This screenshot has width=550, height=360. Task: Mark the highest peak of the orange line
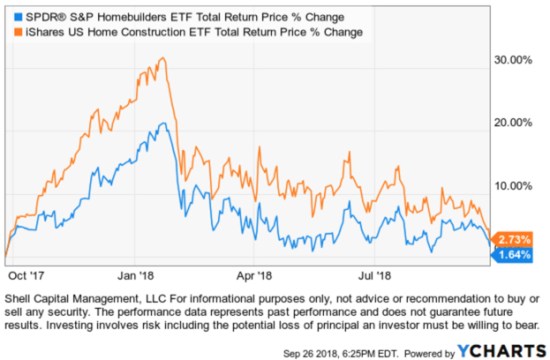[163, 58]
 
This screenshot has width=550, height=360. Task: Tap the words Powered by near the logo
[426, 350]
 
